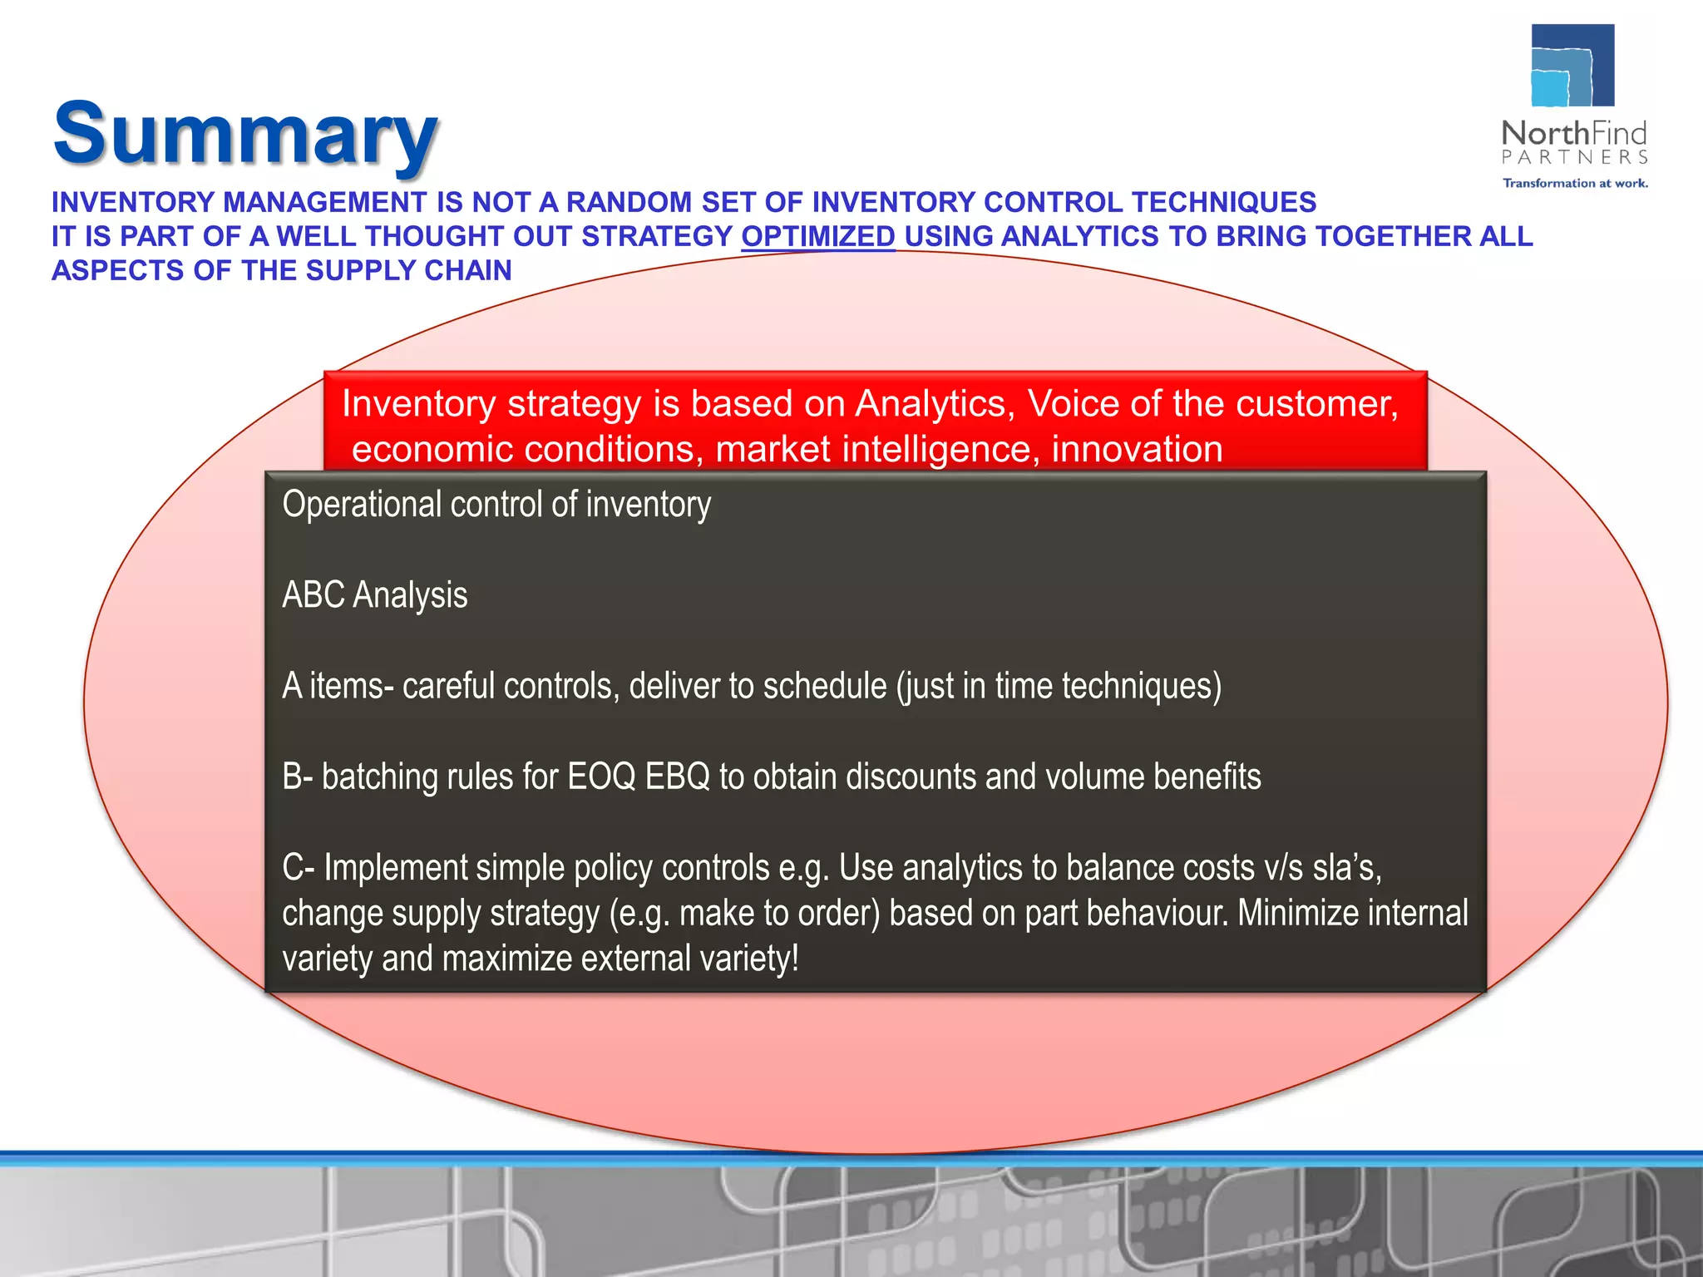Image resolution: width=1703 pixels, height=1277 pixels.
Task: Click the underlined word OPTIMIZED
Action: [x=818, y=237]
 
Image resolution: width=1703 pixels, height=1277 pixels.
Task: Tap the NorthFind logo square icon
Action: [x=1572, y=66]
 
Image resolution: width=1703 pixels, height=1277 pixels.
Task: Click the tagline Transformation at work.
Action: [x=1575, y=183]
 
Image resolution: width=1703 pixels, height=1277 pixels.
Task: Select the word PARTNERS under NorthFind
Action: [x=1575, y=158]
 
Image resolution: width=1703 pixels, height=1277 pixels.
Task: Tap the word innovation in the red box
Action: [x=1137, y=450]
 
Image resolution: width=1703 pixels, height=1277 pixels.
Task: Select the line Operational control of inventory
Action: [x=496, y=505]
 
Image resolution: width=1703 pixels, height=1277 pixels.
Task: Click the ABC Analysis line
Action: [x=375, y=595]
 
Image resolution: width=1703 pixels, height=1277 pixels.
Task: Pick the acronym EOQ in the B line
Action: [x=600, y=777]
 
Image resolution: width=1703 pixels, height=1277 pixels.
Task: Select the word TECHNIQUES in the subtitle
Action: [x=1223, y=203]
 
